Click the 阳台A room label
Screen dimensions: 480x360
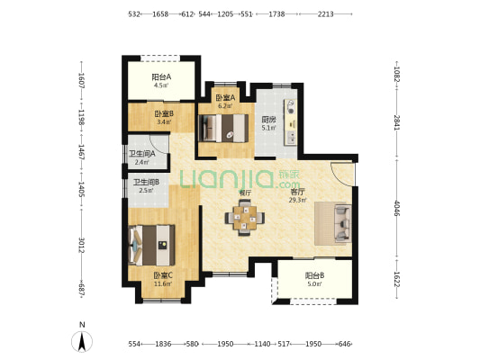pos(161,76)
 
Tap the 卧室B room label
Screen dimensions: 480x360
pos(164,114)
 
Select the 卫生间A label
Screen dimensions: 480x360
pos(142,154)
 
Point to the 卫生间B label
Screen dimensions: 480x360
pos(146,183)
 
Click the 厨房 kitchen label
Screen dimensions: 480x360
pos(268,120)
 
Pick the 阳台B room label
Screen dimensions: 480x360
pos(314,275)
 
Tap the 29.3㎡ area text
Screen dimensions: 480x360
pos(298,201)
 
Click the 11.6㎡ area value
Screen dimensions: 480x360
pos(163,283)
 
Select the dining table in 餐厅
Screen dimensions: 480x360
pos(245,218)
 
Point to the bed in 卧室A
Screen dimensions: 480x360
pos(223,128)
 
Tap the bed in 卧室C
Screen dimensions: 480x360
pos(152,246)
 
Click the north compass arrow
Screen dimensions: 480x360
pos(82,342)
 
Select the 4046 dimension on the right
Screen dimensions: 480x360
pos(397,208)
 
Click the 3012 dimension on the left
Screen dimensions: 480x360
pos(81,245)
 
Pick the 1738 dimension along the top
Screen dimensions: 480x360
pos(276,14)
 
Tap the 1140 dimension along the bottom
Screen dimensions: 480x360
pos(263,344)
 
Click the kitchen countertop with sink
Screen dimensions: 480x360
pos(291,121)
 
